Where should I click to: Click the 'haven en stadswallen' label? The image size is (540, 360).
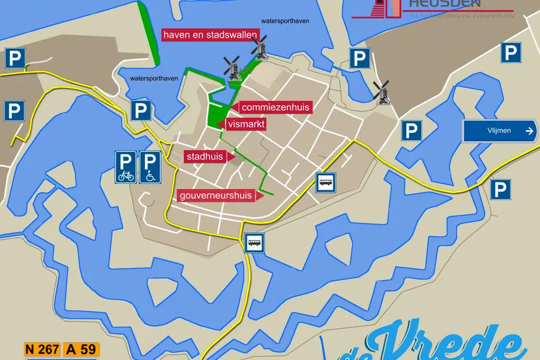click(211, 35)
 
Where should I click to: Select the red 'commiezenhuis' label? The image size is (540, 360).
click(275, 107)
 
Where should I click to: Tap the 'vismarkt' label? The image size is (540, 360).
click(247, 124)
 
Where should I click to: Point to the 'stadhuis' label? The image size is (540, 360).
click(205, 157)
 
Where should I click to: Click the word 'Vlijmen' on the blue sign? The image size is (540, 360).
click(499, 130)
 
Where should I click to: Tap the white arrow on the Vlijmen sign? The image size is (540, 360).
click(528, 130)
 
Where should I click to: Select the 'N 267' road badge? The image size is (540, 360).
click(41, 349)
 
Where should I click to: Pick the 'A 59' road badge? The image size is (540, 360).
click(81, 349)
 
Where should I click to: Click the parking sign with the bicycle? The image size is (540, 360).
click(126, 166)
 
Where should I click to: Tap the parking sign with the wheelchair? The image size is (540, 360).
click(150, 166)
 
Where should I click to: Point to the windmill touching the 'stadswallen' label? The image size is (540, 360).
click(260, 47)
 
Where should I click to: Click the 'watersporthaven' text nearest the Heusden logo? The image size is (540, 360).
click(285, 21)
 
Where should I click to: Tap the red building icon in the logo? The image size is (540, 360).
click(386, 8)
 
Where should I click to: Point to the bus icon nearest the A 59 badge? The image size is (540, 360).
click(255, 243)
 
